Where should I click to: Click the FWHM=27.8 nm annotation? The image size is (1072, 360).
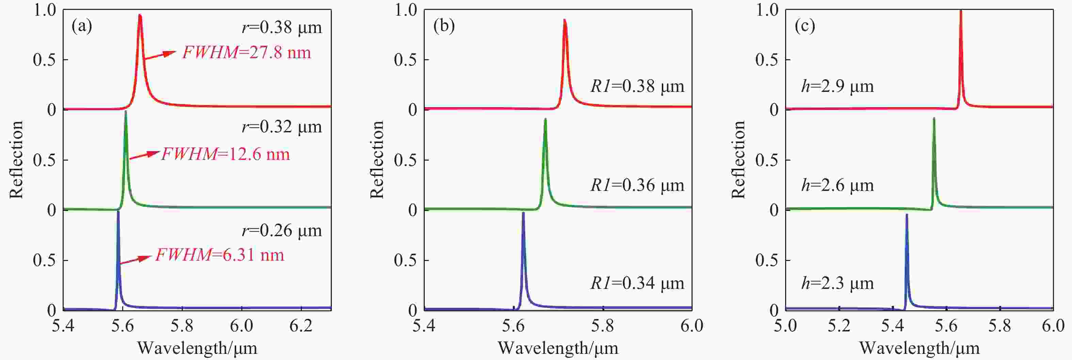click(246, 53)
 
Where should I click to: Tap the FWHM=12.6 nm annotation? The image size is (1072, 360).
click(225, 154)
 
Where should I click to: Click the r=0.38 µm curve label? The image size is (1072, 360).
click(282, 28)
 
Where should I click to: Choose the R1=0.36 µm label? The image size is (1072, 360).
click(637, 185)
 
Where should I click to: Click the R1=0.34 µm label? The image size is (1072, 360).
click(637, 283)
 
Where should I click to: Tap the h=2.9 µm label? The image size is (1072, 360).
click(837, 86)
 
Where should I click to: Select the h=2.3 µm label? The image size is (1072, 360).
click(837, 283)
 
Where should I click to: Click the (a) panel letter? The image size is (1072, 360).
click(82, 26)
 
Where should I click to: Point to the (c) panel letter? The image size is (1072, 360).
click(805, 26)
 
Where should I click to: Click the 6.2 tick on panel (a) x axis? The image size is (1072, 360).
click(301, 325)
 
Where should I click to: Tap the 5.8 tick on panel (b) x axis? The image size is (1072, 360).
click(603, 325)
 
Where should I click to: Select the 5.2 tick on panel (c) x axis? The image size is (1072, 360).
click(839, 325)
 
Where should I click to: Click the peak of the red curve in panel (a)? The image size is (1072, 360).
click(140, 15)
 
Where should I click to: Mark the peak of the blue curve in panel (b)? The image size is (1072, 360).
click(523, 213)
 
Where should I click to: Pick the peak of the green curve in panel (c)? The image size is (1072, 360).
click(934, 119)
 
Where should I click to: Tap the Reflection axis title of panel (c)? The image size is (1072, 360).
click(738, 159)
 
